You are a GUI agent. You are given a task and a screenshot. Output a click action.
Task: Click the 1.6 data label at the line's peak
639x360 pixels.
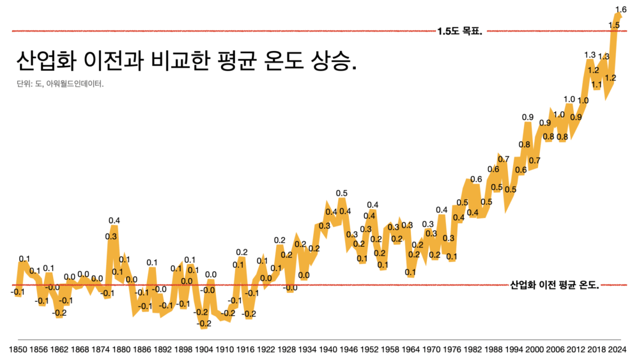(620, 9)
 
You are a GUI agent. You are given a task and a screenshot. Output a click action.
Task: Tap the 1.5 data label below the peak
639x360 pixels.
(614, 25)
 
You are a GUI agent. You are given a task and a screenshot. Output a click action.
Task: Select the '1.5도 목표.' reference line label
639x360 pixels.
(459, 31)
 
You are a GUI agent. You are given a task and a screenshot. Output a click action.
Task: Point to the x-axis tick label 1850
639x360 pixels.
(18, 350)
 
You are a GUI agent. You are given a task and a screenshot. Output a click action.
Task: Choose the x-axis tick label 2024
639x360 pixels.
(617, 350)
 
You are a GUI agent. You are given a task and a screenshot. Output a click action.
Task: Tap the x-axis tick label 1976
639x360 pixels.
(450, 350)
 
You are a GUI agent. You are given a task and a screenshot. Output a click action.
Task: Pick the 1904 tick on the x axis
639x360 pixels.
(203, 350)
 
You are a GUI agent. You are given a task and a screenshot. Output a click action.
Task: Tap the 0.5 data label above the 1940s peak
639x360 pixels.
(342, 193)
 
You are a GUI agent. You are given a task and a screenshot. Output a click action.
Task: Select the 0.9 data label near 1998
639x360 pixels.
(527, 117)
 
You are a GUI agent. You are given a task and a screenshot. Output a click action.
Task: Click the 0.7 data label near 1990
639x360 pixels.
(504, 159)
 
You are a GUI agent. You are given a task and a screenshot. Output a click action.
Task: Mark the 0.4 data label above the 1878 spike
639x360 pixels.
(114, 221)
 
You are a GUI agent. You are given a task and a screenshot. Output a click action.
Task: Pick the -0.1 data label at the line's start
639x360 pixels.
(18, 292)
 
